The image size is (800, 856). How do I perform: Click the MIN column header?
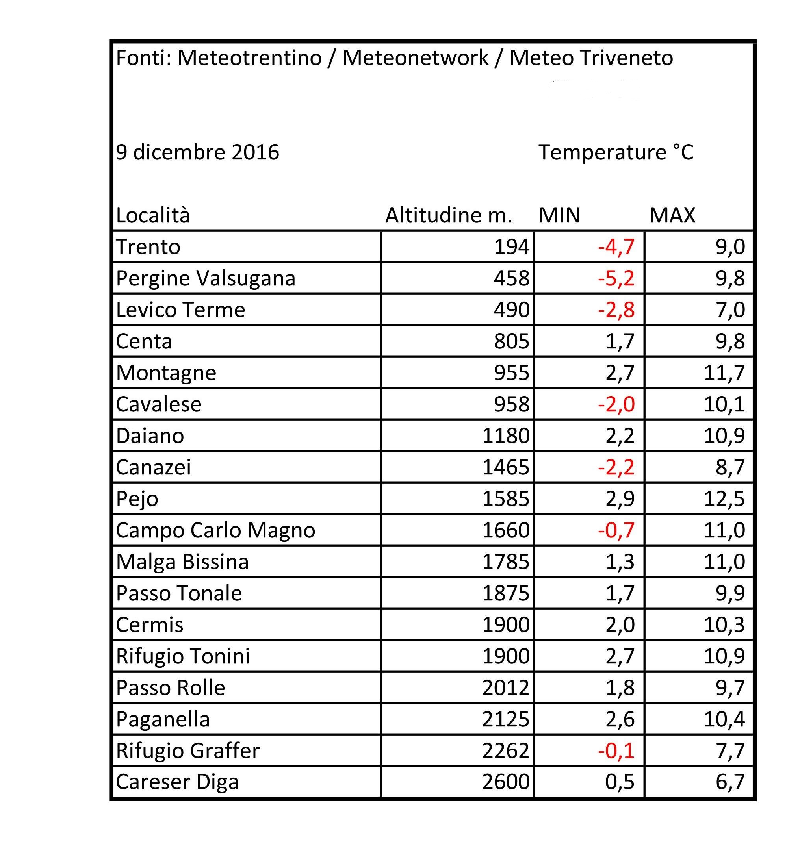pyautogui.click(x=559, y=215)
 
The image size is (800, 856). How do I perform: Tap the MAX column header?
pyautogui.click(x=672, y=215)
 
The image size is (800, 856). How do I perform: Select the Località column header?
pyautogui.click(x=152, y=215)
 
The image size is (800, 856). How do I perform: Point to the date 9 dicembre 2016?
pyautogui.click(x=197, y=152)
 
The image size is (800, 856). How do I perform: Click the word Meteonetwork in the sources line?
pyautogui.click(x=415, y=58)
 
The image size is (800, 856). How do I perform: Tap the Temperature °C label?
pyautogui.click(x=616, y=152)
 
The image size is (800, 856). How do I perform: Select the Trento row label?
pyautogui.click(x=148, y=247)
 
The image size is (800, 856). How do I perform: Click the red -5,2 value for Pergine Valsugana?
pyautogui.click(x=616, y=278)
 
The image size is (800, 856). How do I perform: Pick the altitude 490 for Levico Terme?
pyautogui.click(x=511, y=309)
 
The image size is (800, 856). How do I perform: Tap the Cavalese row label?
pyautogui.click(x=158, y=404)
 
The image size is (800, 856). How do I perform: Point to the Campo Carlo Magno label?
pyautogui.click(x=215, y=530)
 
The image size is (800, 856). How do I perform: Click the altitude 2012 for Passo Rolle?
pyautogui.click(x=505, y=687)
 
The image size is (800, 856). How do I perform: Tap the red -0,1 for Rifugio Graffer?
pyautogui.click(x=616, y=750)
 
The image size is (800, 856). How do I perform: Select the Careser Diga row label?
pyautogui.click(x=177, y=782)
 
